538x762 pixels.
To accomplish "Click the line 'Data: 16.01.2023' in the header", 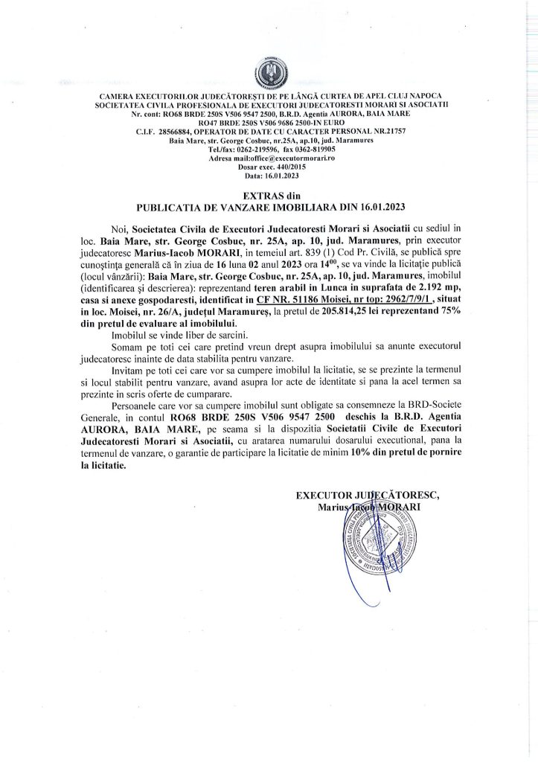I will tap(269, 176).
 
